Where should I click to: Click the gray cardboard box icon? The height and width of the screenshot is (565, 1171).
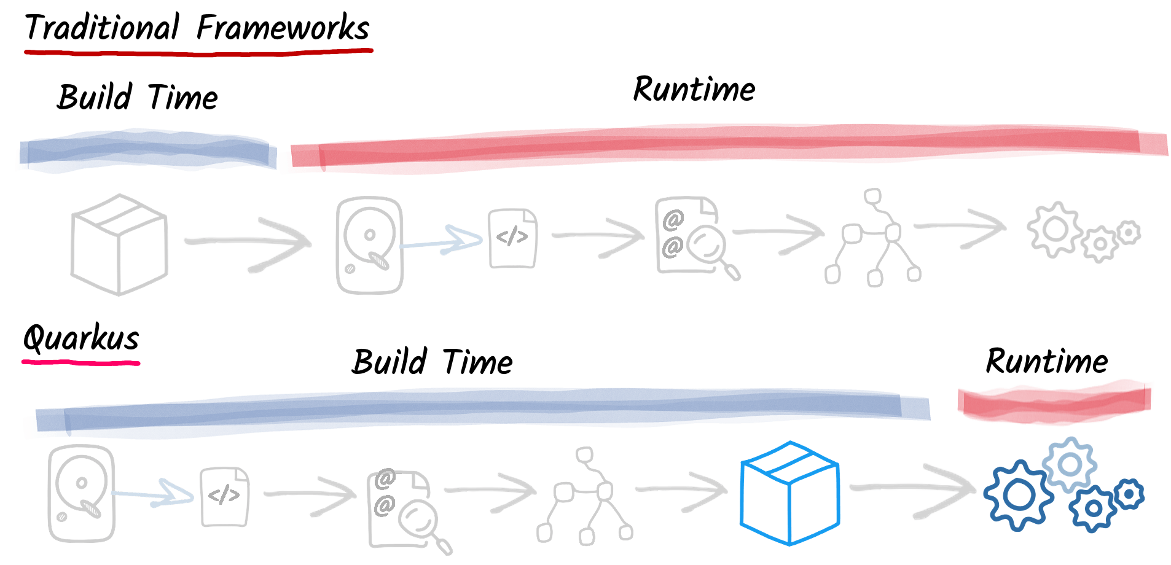pos(119,244)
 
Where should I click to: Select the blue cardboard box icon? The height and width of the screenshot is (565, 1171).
pos(790,493)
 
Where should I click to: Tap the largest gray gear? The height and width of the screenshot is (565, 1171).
pos(1055,229)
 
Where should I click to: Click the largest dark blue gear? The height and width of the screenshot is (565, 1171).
pos(1018,495)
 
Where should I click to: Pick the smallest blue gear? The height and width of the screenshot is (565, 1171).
pos(1129,494)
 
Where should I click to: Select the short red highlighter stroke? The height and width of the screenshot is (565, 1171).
pos(1055,401)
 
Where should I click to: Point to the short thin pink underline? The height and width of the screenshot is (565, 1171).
pos(80,363)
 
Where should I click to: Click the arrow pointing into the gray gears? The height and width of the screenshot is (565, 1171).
pos(960,228)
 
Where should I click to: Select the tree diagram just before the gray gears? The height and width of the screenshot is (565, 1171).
pos(872,237)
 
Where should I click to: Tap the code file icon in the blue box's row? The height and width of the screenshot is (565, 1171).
pos(225,496)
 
